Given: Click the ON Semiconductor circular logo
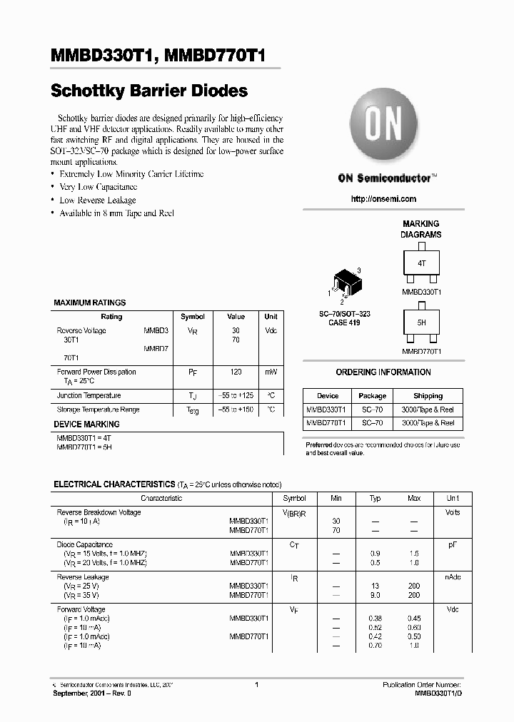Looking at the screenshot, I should pos(383,126).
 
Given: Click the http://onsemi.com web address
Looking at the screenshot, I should pos(383,199).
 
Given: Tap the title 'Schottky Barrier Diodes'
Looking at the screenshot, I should pos(149,91).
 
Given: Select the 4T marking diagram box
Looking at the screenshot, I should pos(421,263).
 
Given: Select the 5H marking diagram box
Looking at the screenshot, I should pos(421,322).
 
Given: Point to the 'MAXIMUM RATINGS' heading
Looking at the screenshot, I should pos(90,303).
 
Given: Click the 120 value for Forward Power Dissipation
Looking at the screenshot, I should pos(236,372).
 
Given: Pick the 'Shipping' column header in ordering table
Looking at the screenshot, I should pos(428,396).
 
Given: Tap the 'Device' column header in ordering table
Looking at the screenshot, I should pos(328,396).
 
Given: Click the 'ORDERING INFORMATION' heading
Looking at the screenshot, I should pos(383,372).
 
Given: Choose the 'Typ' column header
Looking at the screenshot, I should pos(375,499).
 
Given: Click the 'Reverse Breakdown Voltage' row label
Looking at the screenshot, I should pos(99,512).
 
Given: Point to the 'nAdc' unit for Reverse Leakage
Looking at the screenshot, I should pos(453,577).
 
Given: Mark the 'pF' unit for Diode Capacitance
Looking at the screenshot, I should pos(453,545).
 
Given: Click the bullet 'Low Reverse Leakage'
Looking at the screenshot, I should pos(97,200).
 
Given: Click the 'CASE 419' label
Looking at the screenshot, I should pos(344,322).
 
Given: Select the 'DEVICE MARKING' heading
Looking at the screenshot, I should pos(86,424).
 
